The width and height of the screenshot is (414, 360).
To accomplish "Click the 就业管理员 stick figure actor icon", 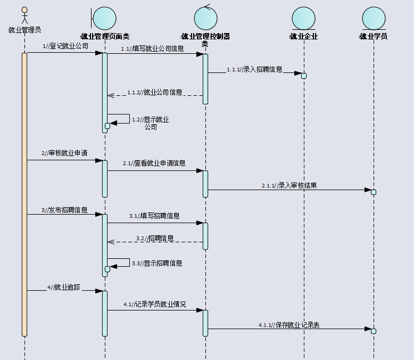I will click(x=24, y=15).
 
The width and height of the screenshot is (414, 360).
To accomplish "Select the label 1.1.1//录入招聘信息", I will click(x=254, y=69).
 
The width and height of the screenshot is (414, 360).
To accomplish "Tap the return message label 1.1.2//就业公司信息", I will click(x=154, y=92).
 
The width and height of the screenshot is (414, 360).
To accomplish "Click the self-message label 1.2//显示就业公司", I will click(x=151, y=123).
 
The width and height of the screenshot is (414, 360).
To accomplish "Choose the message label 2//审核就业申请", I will click(x=64, y=153).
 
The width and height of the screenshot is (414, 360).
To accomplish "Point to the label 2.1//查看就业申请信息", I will click(x=154, y=163).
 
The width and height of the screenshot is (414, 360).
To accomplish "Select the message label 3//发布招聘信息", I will click(x=64, y=210).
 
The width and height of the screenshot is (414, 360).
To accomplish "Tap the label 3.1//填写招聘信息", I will click(x=154, y=216).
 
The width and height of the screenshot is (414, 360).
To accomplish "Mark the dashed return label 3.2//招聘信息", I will click(x=154, y=238).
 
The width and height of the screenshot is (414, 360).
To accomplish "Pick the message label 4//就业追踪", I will click(x=63, y=287).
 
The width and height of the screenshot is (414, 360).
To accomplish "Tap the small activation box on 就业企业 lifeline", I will click(x=304, y=76).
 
